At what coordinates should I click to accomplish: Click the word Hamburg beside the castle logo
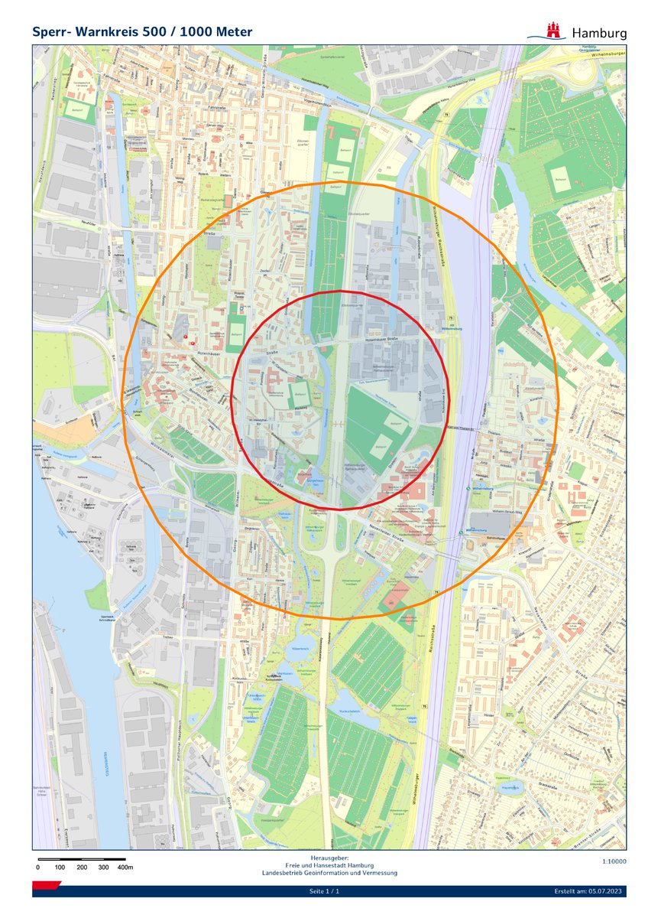click(599, 33)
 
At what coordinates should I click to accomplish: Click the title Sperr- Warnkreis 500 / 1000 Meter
click(142, 32)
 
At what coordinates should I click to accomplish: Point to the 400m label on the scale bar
click(125, 868)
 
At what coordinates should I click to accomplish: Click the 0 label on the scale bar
click(38, 868)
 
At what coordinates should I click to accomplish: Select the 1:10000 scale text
click(614, 861)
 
